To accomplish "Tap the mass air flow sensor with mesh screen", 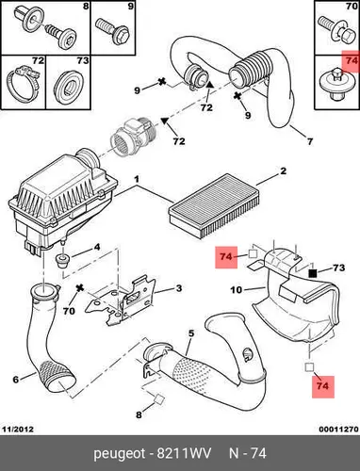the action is [x=134, y=135].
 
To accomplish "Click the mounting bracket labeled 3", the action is [x=121, y=301].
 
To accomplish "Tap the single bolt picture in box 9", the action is [x=112, y=31].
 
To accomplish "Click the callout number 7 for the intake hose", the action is [x=310, y=141].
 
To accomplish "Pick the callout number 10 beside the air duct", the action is [x=237, y=289].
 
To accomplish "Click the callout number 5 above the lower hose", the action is [x=191, y=333].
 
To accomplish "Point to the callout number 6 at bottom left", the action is [x=16, y=380].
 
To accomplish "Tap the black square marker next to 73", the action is [x=313, y=274].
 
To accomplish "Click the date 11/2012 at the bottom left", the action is [x=18, y=429].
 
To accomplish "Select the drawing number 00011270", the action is [x=338, y=429].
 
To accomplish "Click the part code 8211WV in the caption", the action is [x=184, y=453].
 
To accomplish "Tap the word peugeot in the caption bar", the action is [x=120, y=454].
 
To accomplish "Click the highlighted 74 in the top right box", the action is [x=352, y=60].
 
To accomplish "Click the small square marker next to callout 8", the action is [x=159, y=398].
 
